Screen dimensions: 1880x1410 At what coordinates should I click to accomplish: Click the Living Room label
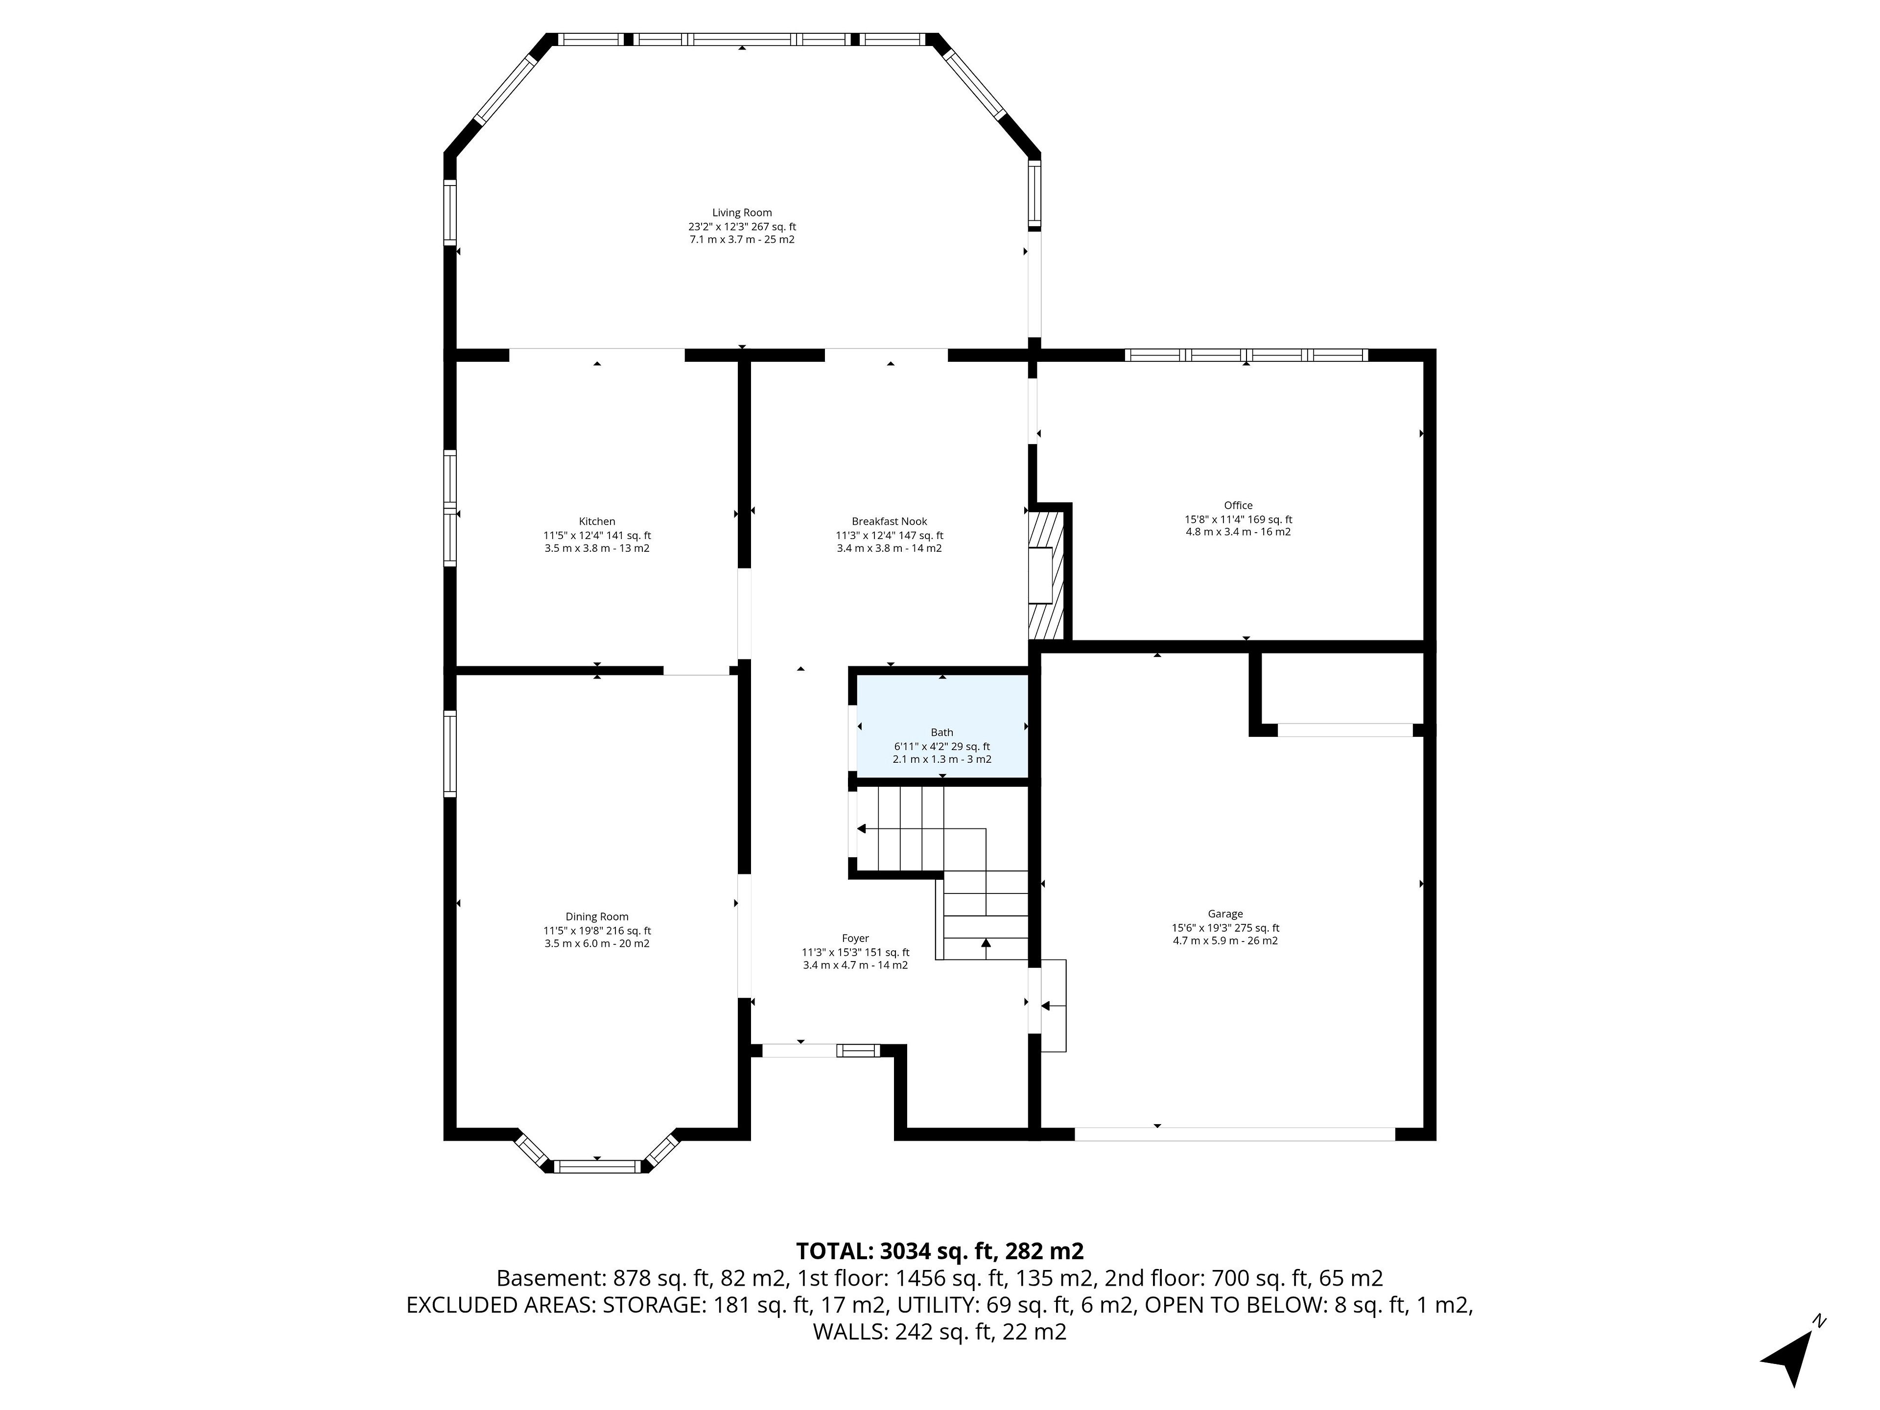pyautogui.click(x=742, y=212)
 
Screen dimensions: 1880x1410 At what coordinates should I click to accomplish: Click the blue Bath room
pyautogui.click(x=941, y=726)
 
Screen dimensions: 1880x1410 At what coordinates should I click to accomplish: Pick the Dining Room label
pyautogui.click(x=597, y=916)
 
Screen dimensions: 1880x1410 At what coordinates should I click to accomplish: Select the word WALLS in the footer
pyautogui.click(x=850, y=1332)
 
